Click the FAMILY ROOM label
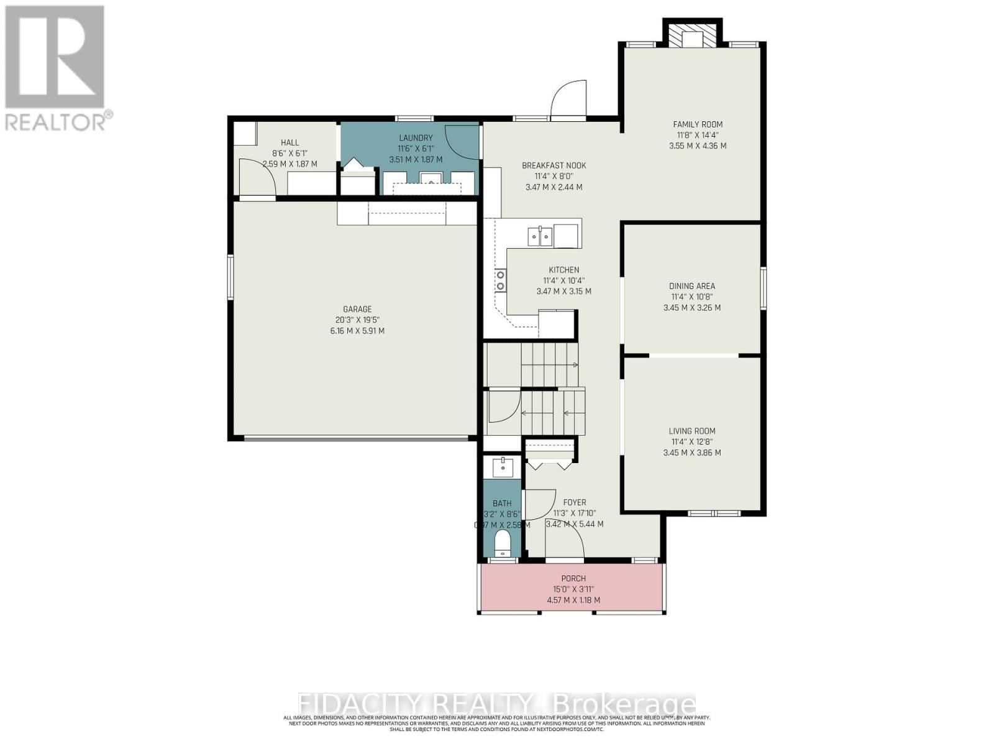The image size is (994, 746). (698, 124)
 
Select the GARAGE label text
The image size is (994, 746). (357, 309)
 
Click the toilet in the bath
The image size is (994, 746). (501, 545)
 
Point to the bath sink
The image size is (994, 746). (502, 466)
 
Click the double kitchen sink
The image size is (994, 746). (540, 236)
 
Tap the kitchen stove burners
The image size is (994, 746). (500, 280)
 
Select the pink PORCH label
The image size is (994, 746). (573, 579)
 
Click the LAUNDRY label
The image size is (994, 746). (416, 138)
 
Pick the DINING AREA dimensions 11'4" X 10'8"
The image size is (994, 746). (691, 297)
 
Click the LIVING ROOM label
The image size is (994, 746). (691, 431)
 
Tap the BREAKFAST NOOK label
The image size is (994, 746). (554, 165)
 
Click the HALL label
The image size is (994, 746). (290, 143)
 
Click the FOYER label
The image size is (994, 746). (574, 502)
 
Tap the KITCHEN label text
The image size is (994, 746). (563, 270)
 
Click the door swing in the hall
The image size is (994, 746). (257, 177)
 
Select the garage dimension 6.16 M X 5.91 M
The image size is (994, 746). (357, 331)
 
